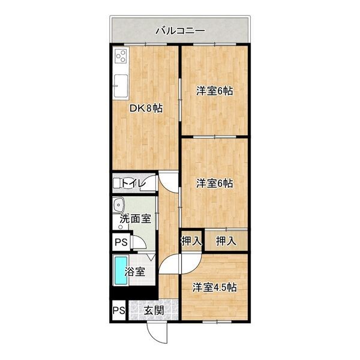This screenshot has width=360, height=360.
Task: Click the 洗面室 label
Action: pyautogui.click(x=135, y=219)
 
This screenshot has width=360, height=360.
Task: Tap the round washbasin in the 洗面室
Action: pyautogui.click(x=118, y=204)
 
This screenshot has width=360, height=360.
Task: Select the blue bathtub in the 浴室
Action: pyautogui.click(x=121, y=271)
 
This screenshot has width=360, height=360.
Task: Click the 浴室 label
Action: pyautogui.click(x=134, y=271)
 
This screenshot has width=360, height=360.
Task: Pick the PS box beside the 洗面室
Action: pyautogui.click(x=121, y=242)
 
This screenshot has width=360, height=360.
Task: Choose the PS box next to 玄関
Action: pyautogui.click(x=118, y=311)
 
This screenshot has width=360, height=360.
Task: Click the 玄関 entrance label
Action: pyautogui.click(x=154, y=310)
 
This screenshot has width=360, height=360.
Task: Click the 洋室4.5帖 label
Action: pyautogui.click(x=214, y=287)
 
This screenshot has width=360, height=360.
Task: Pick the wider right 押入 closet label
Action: pyautogui.click(x=226, y=241)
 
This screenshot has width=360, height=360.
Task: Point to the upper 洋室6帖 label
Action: pyautogui.click(x=215, y=91)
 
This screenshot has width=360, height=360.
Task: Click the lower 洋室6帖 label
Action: pyautogui.click(x=215, y=183)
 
